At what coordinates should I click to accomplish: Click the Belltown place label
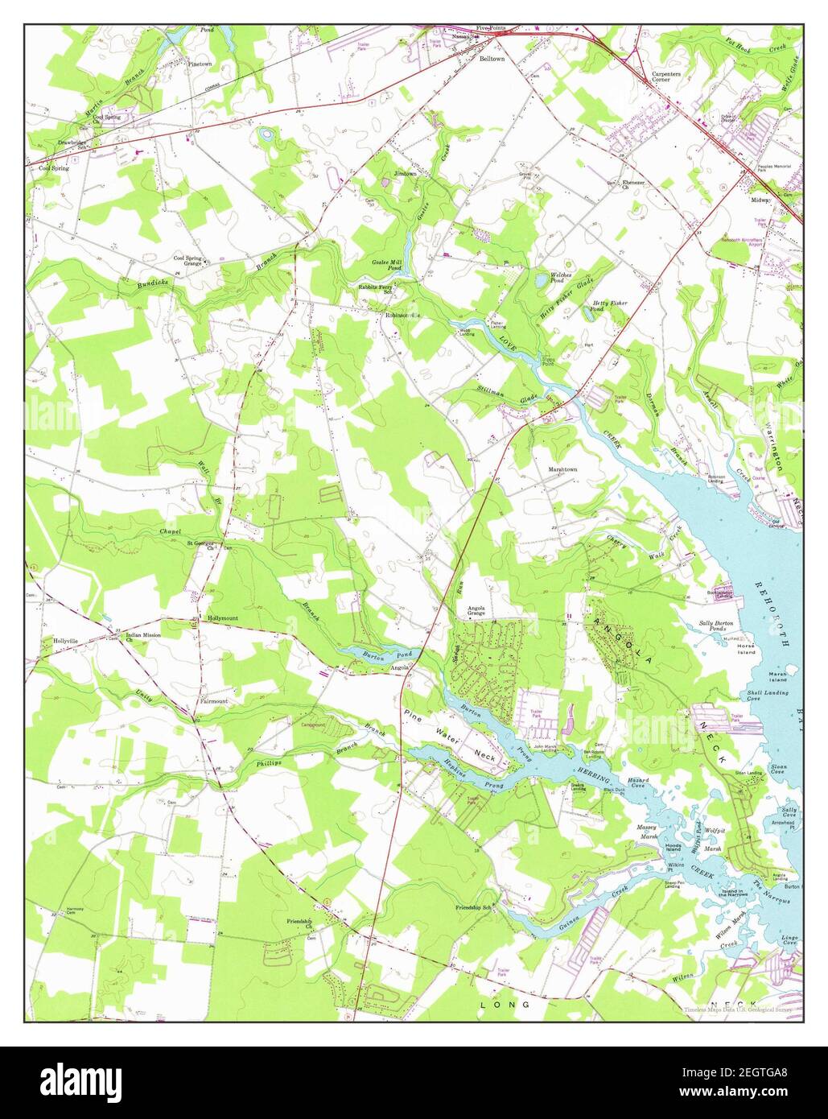click(492, 59)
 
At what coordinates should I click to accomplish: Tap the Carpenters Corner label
click(665, 76)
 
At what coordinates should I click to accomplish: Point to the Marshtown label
click(563, 469)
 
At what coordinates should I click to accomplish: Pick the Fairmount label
click(213, 701)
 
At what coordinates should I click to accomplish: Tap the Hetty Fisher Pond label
click(609, 306)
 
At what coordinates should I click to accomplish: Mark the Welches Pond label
click(561, 278)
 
